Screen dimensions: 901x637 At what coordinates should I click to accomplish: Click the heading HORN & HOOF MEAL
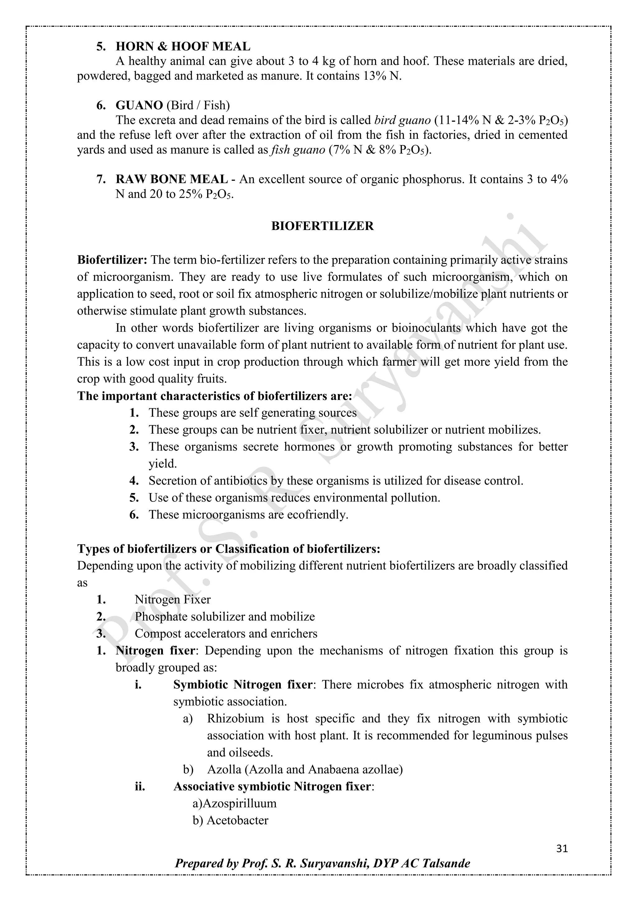click(x=183, y=46)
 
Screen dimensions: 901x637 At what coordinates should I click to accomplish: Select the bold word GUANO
click(x=139, y=105)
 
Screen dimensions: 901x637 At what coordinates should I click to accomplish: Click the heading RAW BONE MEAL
click(x=171, y=179)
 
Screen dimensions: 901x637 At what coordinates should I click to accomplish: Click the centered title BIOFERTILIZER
click(x=323, y=226)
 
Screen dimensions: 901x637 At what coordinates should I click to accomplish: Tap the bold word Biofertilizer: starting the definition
click(x=112, y=260)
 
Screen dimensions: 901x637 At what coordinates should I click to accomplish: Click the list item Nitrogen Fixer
click(x=173, y=599)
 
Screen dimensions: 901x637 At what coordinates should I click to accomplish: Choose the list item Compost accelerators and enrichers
click(x=226, y=633)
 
